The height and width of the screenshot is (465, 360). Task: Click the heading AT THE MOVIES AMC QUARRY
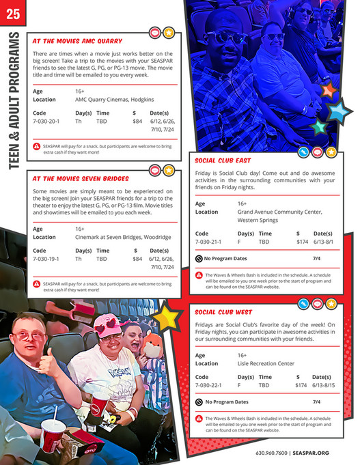(x=77, y=40)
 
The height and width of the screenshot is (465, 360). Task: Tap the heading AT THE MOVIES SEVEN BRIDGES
(x=81, y=179)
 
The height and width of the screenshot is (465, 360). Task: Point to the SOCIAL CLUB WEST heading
(x=223, y=312)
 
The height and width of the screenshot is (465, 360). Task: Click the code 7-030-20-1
(x=46, y=121)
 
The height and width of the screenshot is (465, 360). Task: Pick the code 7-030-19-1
(x=46, y=259)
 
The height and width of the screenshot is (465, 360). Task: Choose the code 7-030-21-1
(x=208, y=242)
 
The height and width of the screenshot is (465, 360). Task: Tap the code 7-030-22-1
(x=208, y=385)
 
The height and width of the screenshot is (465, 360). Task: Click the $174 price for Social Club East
(x=302, y=242)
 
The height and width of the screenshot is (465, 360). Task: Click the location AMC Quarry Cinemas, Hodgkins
(x=115, y=98)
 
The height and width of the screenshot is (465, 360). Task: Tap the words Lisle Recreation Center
(x=266, y=363)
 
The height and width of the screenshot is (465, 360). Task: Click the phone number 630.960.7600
(x=271, y=453)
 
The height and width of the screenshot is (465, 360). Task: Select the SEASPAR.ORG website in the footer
(x=311, y=453)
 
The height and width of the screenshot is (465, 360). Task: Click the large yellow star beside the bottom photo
(x=165, y=317)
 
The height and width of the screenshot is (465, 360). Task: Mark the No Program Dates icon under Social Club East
(x=199, y=259)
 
